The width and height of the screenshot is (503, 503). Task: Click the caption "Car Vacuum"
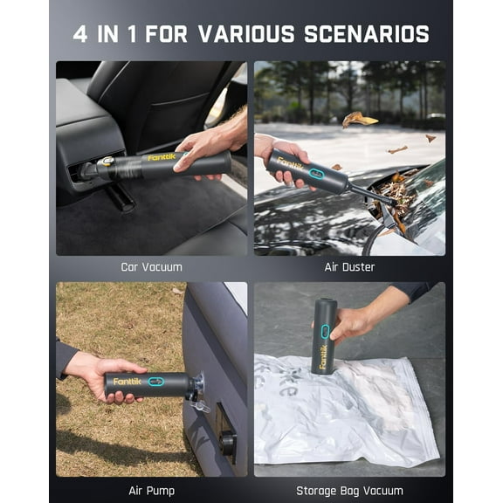152,267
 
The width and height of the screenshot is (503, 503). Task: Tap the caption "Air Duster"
349,267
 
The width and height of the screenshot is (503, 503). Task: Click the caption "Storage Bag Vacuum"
349,490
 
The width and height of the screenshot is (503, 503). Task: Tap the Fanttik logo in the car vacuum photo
162,158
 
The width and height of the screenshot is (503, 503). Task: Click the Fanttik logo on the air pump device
127,382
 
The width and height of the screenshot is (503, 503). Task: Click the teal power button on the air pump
156,382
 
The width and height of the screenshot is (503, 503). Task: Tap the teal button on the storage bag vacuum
325,331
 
